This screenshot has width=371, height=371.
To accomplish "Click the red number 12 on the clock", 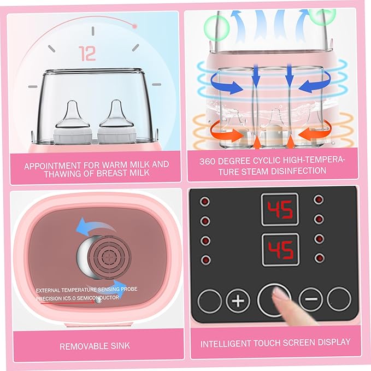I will (x=87, y=53).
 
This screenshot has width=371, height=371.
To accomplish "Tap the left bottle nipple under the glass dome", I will (x=72, y=114).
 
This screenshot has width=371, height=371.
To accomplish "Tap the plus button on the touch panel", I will (x=238, y=301).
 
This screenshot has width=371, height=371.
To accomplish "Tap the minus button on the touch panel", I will (x=311, y=299).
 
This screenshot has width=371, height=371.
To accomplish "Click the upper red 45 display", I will (x=280, y=209).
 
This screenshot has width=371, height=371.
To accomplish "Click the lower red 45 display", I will (x=280, y=250).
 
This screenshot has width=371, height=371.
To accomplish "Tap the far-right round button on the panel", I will (x=339, y=299).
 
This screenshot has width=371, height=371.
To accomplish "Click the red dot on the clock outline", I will (x=134, y=25).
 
